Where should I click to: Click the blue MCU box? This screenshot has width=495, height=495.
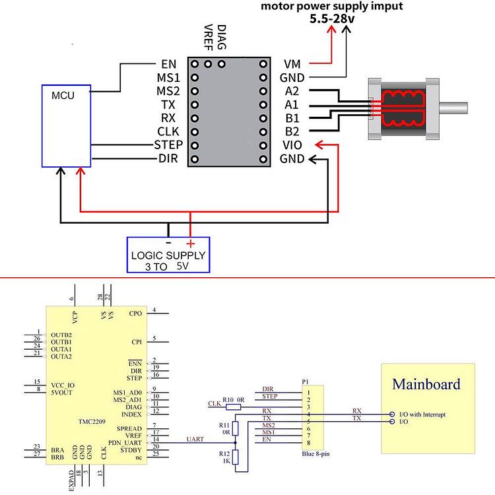click(66, 125)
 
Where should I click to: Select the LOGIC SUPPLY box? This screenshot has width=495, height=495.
click(168, 255)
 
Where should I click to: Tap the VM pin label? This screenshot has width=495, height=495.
click(292, 64)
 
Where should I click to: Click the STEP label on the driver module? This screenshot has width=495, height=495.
click(168, 145)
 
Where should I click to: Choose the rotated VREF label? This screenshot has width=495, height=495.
click(209, 39)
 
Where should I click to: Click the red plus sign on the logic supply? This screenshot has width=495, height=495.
click(191, 244)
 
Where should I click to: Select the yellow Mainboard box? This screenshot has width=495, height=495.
click(428, 408)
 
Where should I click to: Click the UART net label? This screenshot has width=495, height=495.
click(196, 439)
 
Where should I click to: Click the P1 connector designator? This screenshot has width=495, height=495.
click(305, 382)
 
